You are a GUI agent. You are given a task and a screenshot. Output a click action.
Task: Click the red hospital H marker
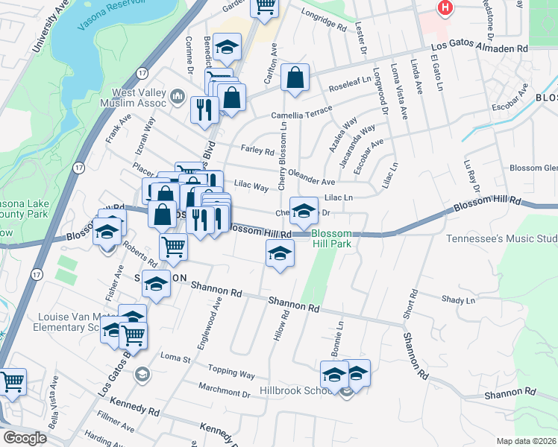click(445, 7)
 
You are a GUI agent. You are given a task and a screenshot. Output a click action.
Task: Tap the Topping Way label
click(231, 372)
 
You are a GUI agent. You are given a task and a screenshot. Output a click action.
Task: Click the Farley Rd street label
click(257, 150)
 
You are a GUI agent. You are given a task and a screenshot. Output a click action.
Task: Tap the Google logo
click(24, 438)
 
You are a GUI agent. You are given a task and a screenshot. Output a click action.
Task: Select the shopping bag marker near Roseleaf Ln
click(295, 77)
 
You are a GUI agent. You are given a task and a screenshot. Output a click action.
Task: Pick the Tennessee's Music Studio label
click(501, 239)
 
